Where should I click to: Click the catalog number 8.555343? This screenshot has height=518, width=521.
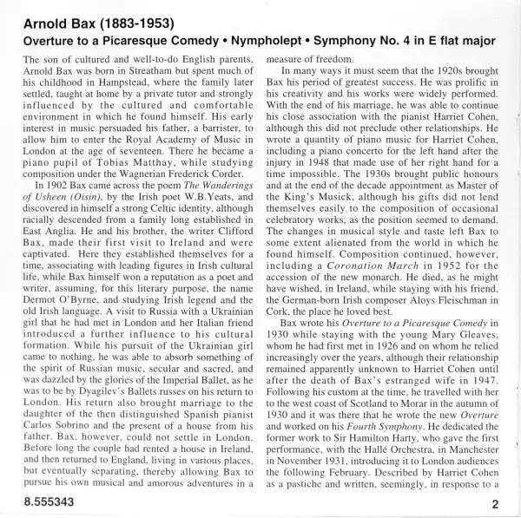43,501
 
